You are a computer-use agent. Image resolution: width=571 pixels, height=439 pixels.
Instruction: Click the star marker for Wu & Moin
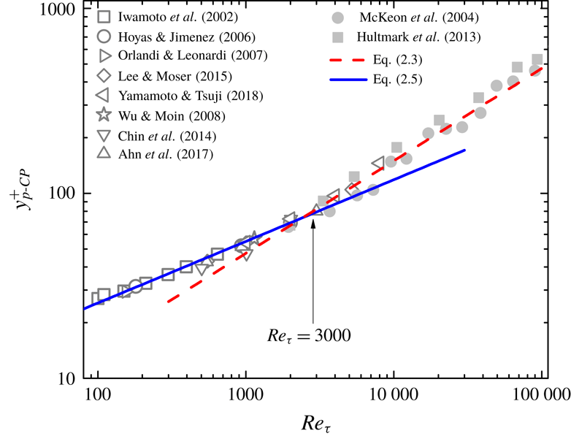(104, 115)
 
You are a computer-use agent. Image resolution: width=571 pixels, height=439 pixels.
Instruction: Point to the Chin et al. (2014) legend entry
(169, 135)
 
